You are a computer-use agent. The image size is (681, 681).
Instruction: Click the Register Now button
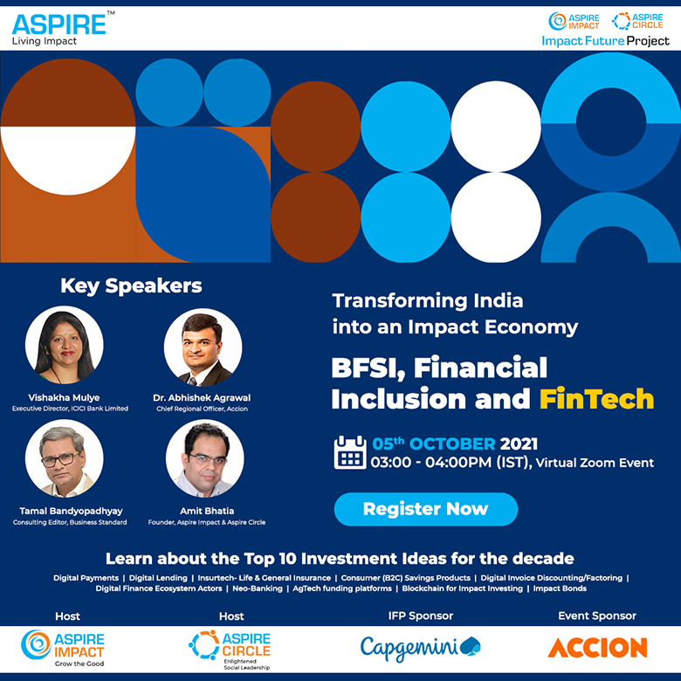click(x=426, y=509)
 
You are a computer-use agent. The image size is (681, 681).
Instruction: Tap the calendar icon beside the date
click(x=350, y=452)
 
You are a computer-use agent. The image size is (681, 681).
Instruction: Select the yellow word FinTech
click(x=596, y=399)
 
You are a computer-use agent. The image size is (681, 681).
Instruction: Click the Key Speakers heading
click(x=131, y=285)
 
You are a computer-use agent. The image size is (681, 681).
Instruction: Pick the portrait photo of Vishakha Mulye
click(x=65, y=345)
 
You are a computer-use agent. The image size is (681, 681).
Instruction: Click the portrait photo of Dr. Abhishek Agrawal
click(x=203, y=347)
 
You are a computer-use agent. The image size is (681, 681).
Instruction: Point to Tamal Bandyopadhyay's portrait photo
click(x=65, y=458)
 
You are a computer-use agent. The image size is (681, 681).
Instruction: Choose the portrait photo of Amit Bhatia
click(x=205, y=458)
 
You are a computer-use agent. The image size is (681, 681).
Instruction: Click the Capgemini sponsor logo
click(x=421, y=649)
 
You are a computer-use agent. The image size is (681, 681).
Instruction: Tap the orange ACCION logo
click(x=597, y=648)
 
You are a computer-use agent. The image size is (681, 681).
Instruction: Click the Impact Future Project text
click(x=605, y=41)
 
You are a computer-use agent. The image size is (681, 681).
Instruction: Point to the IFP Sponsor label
click(x=421, y=616)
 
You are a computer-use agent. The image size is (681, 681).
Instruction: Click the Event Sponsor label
click(x=597, y=616)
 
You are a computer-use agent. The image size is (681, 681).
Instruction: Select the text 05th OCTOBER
click(x=433, y=444)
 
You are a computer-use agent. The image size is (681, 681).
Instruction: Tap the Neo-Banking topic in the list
click(x=258, y=588)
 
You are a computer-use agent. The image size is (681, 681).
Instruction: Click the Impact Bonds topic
click(x=560, y=588)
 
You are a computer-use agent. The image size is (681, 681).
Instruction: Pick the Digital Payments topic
click(x=86, y=578)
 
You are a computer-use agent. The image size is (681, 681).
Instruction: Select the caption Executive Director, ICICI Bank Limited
click(x=71, y=409)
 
